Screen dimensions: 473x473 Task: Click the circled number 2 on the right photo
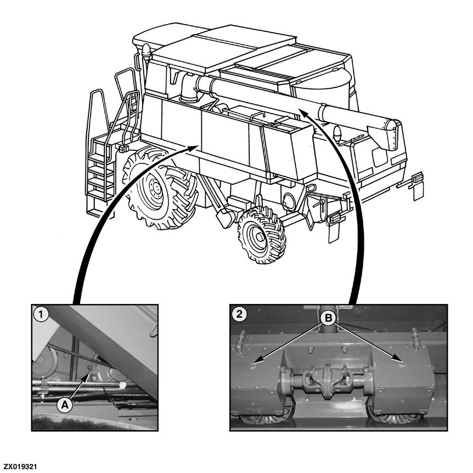(x=239, y=314)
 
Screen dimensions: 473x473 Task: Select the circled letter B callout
(x=329, y=318)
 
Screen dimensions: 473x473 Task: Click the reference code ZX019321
(x=20, y=467)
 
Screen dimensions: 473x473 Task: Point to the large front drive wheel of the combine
(x=159, y=189)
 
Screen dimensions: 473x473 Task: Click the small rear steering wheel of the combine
(x=261, y=234)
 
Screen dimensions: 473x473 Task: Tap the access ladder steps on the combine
(x=101, y=173)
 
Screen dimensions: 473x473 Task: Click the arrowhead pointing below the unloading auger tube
(x=304, y=114)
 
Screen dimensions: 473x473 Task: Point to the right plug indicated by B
(x=401, y=363)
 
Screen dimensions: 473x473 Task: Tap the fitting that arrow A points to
(x=91, y=371)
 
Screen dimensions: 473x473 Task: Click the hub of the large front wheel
(x=155, y=188)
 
